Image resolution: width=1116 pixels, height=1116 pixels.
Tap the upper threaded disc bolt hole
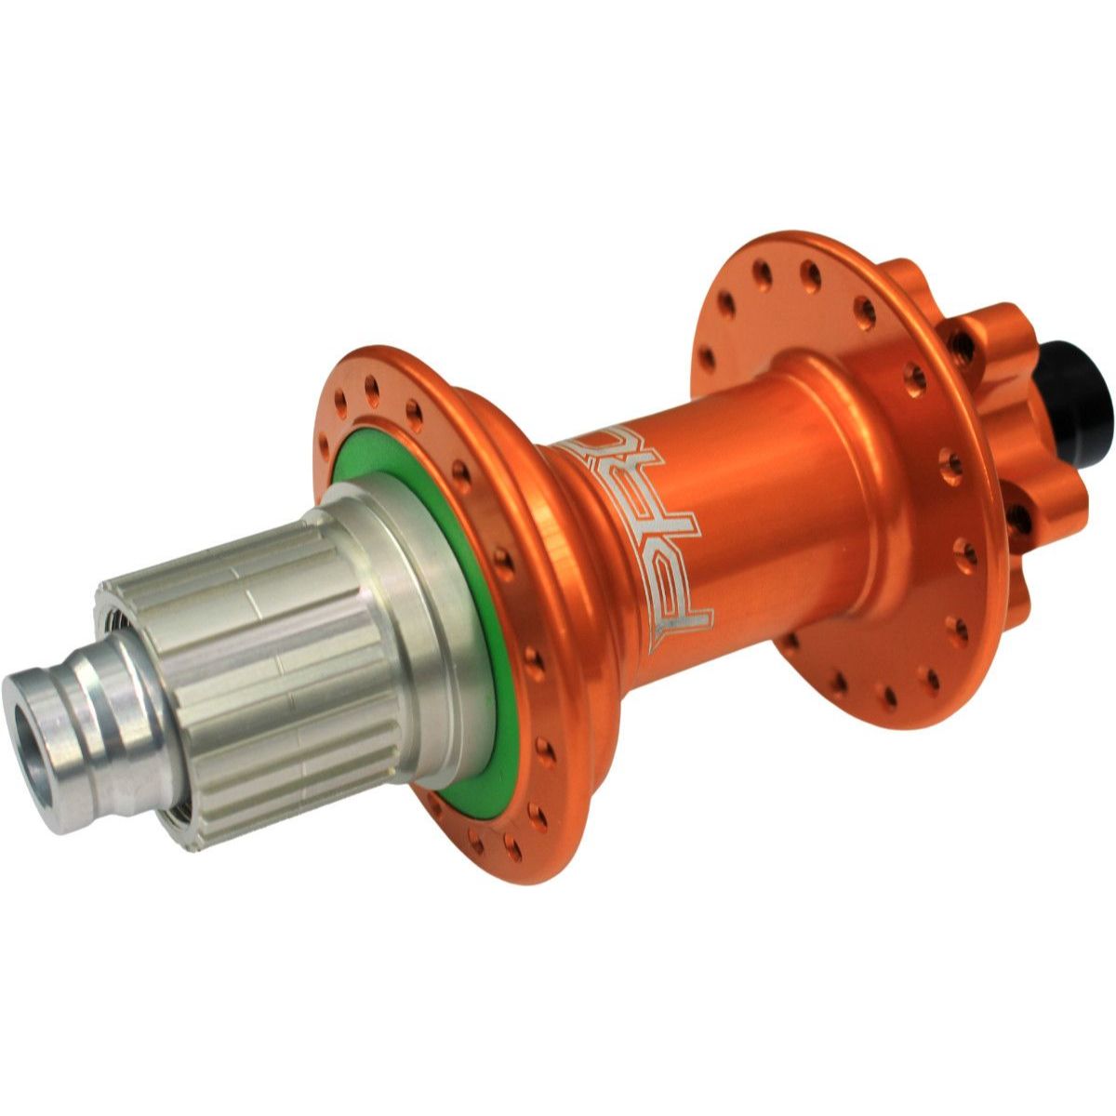click(965, 346)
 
